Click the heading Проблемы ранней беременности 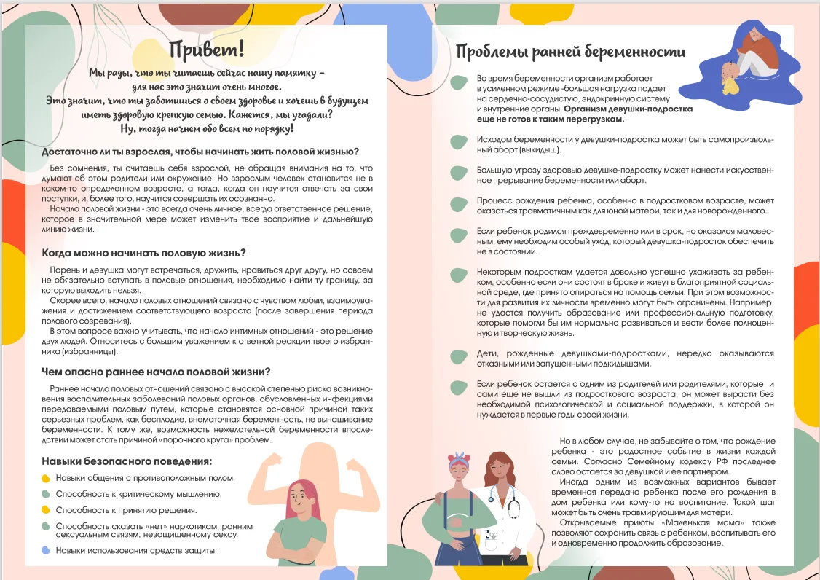coord(570,51)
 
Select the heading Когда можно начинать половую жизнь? coord(143,253)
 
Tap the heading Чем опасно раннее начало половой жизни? coord(156,371)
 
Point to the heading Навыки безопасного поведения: coord(127,461)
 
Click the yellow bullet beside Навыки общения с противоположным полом coord(46,479)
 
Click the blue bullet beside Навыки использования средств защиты coord(46,551)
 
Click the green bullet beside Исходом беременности coord(458,140)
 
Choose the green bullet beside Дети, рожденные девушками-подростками coord(458,356)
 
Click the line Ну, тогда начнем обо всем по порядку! coord(207,128)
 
